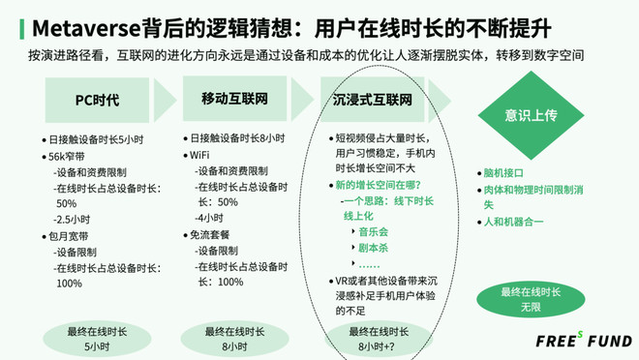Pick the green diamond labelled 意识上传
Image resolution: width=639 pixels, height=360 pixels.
point(531,114)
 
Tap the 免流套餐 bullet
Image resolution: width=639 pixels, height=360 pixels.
point(213,235)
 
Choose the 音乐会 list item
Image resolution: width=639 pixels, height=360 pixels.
point(374,232)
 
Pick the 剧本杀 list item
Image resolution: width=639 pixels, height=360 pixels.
point(374,248)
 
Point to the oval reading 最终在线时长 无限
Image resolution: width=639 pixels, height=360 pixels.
point(531,299)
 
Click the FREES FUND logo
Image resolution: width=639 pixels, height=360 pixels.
point(584,340)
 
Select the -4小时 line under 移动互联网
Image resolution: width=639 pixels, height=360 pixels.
point(208,220)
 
